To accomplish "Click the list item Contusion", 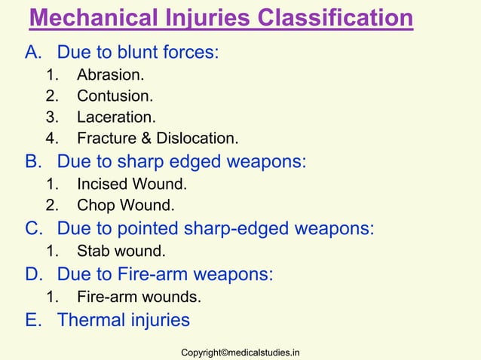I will click(115, 96).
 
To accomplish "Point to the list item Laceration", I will click(117, 117).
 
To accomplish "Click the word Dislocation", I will click(197, 139).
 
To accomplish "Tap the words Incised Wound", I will click(132, 183).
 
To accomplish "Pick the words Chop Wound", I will click(125, 204).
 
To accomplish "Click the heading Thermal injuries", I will click(124, 320).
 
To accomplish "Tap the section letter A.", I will click(32, 53).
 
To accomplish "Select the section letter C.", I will click(33, 227).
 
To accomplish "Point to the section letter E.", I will click(32, 320).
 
